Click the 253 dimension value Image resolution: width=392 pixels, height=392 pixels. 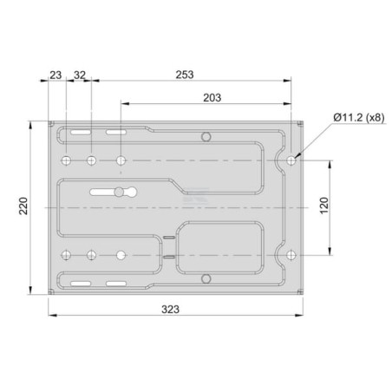[185, 75]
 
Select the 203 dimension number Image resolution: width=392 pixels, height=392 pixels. [212, 98]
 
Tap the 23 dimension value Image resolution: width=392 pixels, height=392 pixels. [56, 75]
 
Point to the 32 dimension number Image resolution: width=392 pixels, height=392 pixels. [80, 75]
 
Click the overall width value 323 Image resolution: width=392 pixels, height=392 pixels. [170, 310]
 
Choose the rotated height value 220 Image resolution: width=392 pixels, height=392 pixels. [23, 206]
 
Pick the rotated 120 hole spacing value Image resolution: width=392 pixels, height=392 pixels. [324, 206]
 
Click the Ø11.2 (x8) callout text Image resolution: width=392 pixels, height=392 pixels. [359, 118]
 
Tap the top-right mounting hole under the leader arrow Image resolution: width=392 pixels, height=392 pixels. [291, 160]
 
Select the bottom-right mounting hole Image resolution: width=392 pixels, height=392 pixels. [291, 255]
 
